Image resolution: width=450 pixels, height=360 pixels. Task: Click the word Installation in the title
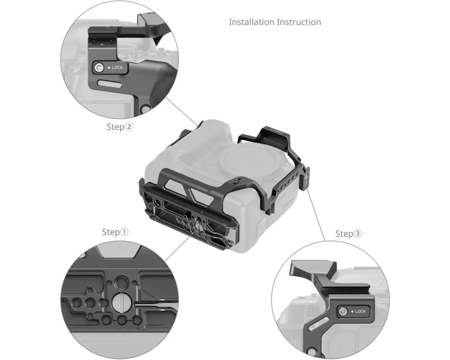(x=252, y=22)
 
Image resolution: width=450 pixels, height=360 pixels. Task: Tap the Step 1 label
(x=115, y=232)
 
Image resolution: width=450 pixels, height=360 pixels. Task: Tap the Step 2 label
(x=120, y=127)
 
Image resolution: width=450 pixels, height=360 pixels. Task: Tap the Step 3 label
(x=349, y=234)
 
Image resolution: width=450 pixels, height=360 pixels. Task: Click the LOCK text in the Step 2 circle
(x=117, y=67)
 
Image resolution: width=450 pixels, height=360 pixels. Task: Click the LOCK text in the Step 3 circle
(x=360, y=311)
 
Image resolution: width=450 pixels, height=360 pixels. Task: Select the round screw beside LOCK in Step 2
(x=99, y=68)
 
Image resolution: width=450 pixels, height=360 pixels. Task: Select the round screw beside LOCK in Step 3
(x=342, y=311)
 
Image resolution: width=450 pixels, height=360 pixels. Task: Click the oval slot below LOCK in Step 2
(x=110, y=84)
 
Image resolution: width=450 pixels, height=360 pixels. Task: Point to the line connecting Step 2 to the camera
(x=182, y=112)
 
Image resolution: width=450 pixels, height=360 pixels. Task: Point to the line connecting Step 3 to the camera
(x=316, y=215)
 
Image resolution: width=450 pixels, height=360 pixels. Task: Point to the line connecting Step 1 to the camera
(x=177, y=248)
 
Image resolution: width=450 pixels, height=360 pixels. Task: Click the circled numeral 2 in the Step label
(x=129, y=126)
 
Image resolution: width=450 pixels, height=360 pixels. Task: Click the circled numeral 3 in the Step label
(x=358, y=234)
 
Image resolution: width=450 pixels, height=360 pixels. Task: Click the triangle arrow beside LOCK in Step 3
(x=352, y=311)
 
